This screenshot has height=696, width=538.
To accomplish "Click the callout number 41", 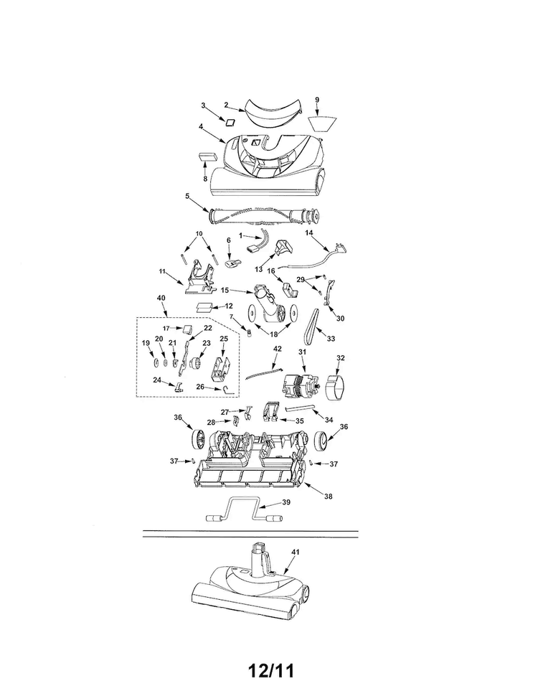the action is coord(296,552).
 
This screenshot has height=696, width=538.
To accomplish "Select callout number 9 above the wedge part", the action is coord(317,100).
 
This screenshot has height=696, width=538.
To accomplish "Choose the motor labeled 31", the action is coord(302,387).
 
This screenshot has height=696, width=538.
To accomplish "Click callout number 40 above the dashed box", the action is coord(161,298).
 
